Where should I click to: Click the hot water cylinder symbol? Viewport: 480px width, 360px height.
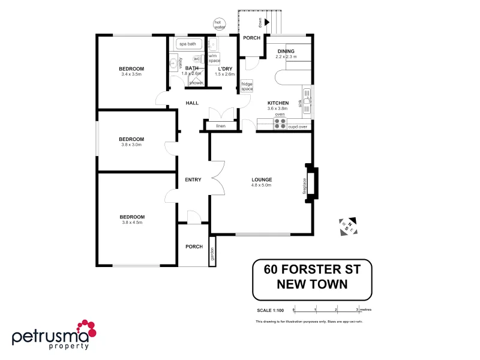tap(218, 25)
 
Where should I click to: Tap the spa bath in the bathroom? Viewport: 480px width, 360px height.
tap(188, 44)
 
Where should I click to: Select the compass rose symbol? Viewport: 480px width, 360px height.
tap(348, 226)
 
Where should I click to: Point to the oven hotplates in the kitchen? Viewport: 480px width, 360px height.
tap(280, 124)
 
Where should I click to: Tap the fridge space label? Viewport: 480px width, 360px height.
tap(247, 86)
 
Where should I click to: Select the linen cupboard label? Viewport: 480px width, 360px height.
tap(220, 126)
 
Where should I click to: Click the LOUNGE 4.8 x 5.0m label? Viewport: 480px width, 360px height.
tap(262, 182)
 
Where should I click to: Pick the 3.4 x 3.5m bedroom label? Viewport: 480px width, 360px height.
tap(131, 71)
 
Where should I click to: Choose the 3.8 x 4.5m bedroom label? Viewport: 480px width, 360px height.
tap(132, 219)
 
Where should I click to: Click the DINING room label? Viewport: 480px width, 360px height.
tap(286, 54)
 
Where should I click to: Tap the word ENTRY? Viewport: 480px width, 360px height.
tap(193, 180)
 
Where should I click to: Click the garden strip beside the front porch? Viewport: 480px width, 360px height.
tap(212, 251)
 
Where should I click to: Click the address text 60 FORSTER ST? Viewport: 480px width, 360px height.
tap(313, 269)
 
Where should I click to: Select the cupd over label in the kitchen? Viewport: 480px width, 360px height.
tap(298, 127)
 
